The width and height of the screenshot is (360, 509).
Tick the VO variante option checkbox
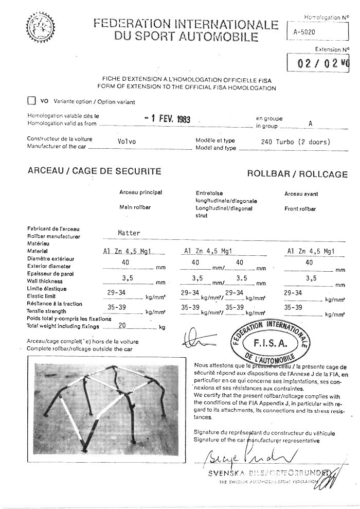(31, 101)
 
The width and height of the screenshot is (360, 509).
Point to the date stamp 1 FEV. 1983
(167, 119)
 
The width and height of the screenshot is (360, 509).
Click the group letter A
(310, 124)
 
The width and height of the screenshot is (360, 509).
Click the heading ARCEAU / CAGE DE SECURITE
(94, 171)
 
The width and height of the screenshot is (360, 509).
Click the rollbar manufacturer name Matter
(129, 233)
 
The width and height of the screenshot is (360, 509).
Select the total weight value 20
(122, 325)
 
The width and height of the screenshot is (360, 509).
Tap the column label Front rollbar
(300, 209)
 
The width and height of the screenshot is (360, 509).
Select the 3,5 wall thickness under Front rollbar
(310, 278)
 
